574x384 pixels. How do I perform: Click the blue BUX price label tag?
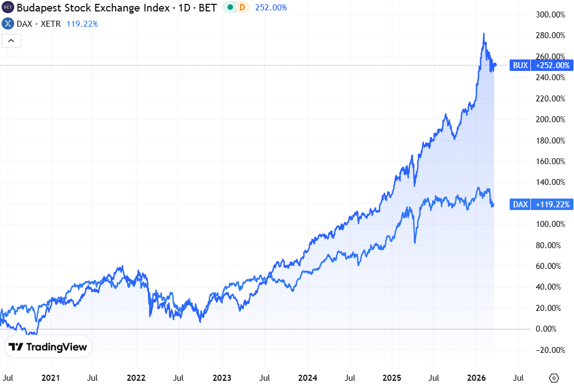(521, 65)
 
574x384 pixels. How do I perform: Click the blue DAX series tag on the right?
(521, 205)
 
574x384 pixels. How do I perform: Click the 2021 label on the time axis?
(50, 377)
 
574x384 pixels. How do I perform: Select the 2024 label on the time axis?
(308, 377)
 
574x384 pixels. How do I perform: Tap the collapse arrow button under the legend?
(11, 40)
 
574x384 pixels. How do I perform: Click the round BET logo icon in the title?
(8, 8)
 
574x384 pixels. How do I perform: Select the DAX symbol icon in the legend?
(8, 24)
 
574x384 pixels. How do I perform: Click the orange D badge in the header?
(242, 8)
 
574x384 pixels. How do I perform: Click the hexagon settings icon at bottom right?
(554, 377)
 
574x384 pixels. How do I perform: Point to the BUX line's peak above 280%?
(483, 34)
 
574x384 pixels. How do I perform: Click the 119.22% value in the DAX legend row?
(82, 24)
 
